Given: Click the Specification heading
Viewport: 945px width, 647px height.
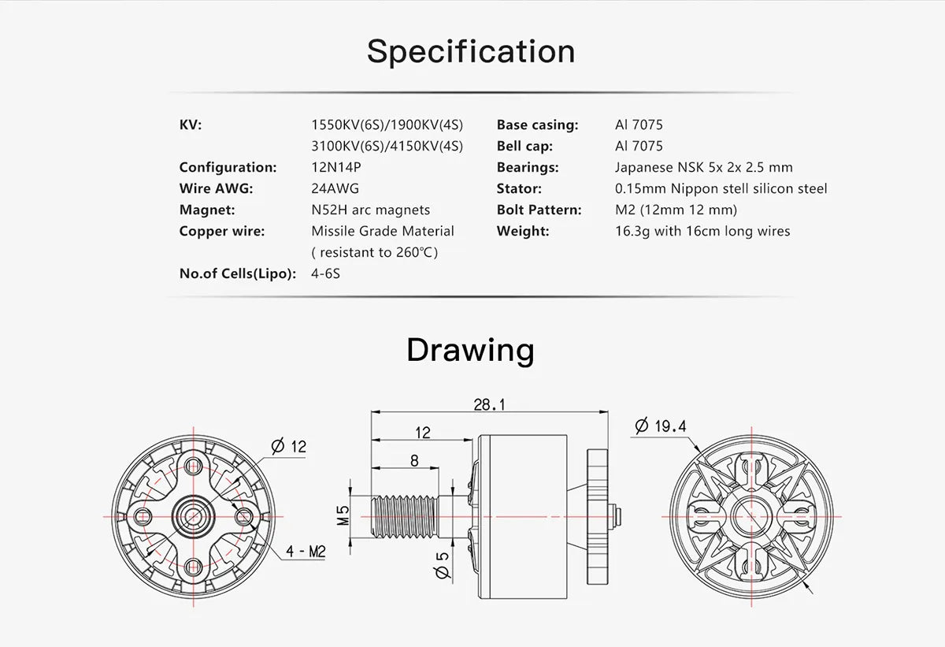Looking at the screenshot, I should click(x=471, y=52).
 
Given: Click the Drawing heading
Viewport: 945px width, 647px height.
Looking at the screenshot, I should click(x=470, y=349).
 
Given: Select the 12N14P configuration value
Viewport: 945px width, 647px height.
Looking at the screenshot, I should click(x=338, y=167).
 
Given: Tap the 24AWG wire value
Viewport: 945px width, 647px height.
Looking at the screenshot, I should click(x=335, y=188).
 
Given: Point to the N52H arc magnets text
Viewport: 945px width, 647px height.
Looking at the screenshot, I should click(x=370, y=210).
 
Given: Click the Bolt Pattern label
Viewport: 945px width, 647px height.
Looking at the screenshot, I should click(x=539, y=210).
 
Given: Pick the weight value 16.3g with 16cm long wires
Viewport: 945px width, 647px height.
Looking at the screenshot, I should click(x=702, y=231).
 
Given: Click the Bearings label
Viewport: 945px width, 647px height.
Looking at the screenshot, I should click(x=528, y=167).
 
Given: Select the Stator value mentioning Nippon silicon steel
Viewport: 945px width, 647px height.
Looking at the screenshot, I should click(x=721, y=188).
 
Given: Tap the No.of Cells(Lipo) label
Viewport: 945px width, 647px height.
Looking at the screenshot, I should click(x=238, y=273).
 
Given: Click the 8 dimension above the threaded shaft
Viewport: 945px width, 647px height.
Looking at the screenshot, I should click(x=414, y=461).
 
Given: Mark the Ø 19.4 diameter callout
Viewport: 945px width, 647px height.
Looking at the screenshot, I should click(x=661, y=426).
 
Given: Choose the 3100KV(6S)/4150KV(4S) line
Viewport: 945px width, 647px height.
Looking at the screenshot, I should click(x=387, y=146).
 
